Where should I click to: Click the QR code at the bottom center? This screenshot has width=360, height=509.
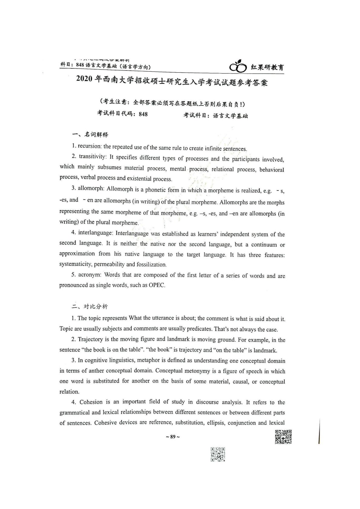pyautogui.click(x=218, y=454)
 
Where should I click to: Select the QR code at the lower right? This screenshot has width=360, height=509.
pyautogui.click(x=283, y=437)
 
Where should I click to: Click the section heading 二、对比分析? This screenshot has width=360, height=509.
pyautogui.click(x=90, y=306)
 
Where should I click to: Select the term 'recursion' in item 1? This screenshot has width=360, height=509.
pyautogui.click(x=89, y=146)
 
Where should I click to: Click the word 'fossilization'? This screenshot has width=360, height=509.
pyautogui.click(x=151, y=264)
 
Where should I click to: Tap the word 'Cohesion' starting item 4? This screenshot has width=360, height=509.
pyautogui.click(x=91, y=402)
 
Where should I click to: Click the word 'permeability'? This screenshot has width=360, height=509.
pyautogui.click(x=109, y=264)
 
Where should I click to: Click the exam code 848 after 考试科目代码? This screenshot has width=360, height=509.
pyautogui.click(x=143, y=114)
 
